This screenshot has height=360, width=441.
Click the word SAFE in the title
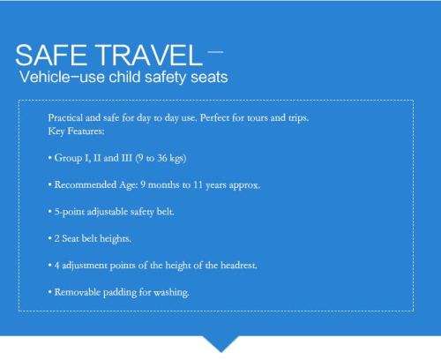51,55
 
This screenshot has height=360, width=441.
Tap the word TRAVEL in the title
148,55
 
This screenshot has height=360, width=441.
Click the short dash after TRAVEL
215,52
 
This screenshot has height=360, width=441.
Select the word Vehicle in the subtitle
45,77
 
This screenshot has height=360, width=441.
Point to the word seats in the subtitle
209,78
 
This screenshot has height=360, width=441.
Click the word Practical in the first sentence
65,118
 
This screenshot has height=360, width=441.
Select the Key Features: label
76,131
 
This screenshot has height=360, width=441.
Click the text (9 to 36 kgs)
161,158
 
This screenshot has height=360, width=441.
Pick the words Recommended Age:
96,185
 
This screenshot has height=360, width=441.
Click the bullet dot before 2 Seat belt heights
50,238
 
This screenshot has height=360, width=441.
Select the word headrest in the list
239,266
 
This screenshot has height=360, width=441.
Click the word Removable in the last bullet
78,292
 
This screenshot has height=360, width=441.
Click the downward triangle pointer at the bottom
221,343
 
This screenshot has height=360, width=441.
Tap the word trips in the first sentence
298,118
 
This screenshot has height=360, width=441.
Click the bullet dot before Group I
50,158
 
